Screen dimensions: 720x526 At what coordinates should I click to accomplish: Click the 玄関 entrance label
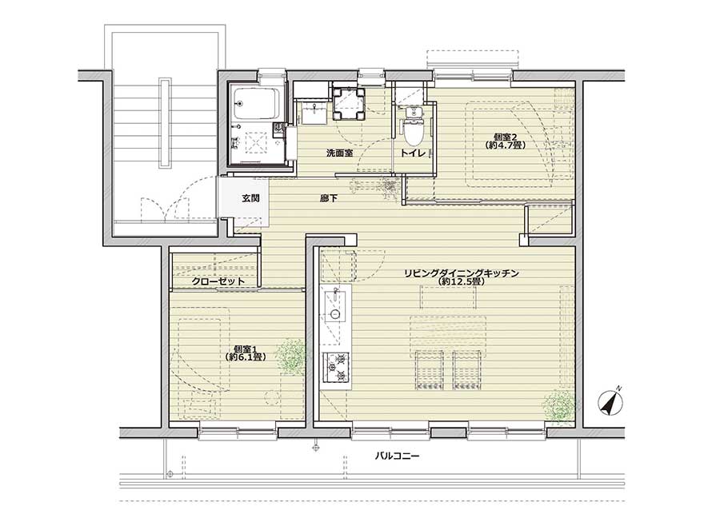[250, 198]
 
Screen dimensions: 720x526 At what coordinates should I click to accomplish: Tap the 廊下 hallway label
[329, 198]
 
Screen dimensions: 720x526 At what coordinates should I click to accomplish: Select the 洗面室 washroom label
[339, 153]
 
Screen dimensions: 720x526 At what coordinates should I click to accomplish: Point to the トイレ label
[414, 153]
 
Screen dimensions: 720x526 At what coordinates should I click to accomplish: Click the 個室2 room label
[505, 137]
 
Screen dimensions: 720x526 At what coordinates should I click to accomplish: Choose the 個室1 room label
[245, 349]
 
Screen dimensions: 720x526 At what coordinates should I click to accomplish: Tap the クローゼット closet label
[218, 281]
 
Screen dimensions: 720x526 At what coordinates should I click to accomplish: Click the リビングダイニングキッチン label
[462, 273]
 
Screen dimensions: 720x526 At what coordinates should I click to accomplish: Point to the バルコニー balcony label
[397, 456]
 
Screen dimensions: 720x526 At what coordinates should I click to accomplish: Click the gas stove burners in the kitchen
[336, 368]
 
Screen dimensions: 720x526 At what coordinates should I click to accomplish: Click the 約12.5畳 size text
[462, 281]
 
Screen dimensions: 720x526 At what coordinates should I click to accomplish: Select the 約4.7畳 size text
[505, 145]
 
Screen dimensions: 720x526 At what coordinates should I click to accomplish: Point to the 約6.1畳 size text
[245, 357]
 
